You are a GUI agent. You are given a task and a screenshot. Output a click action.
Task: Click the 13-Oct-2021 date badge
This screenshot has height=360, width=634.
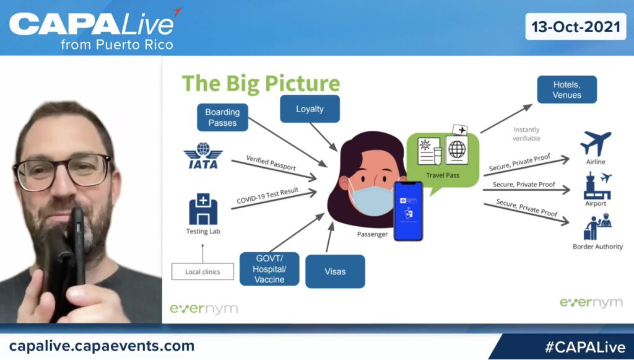(x=575, y=27)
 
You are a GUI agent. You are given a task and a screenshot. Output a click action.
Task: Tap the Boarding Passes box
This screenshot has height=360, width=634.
(x=222, y=117)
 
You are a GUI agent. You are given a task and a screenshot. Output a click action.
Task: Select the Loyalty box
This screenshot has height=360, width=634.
(x=310, y=109)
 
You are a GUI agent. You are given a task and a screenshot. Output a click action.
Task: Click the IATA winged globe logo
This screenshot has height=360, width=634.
(x=203, y=155)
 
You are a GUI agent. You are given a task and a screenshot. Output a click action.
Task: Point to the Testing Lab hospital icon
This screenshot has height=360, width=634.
(x=203, y=209)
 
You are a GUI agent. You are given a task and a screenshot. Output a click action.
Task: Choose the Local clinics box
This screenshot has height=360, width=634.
(x=202, y=271)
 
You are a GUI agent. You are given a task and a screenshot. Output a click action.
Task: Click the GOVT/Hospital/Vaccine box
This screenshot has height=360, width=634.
(x=269, y=269)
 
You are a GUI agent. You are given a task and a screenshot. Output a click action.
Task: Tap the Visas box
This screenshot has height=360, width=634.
(x=335, y=271)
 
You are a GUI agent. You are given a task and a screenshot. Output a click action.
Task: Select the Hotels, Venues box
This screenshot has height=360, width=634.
(x=567, y=89)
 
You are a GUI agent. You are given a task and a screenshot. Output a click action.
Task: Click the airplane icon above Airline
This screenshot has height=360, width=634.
(x=596, y=143)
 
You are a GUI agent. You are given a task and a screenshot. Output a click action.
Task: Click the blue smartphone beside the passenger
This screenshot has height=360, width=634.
(x=408, y=211)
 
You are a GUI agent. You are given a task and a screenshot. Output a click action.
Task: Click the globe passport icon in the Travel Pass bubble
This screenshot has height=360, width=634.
(x=456, y=150)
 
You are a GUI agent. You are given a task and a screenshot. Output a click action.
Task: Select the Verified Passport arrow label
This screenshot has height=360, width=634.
(x=271, y=162)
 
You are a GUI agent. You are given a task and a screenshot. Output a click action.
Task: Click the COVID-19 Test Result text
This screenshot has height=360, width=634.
(x=267, y=195)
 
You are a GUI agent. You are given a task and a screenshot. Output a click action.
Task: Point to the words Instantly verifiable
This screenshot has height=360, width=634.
(x=526, y=134)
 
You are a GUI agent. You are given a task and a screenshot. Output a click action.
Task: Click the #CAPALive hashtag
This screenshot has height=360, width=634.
(x=584, y=347)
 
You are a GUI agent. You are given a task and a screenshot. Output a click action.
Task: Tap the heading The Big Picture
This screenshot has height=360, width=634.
(x=261, y=83)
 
